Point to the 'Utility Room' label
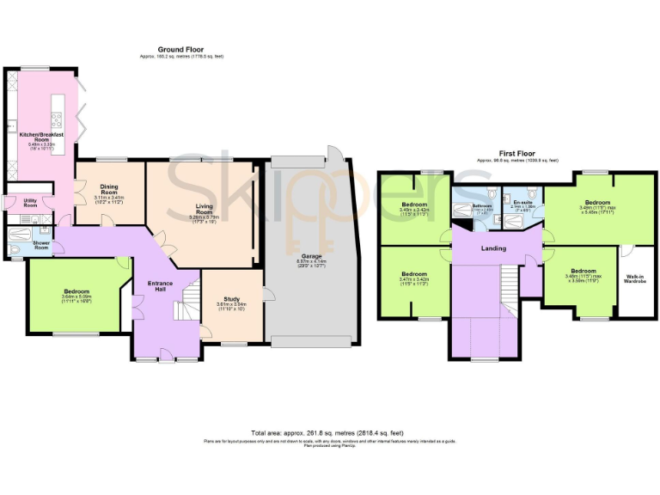(x=30, y=204)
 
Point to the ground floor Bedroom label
(x=76, y=292)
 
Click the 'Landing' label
(x=493, y=248)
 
